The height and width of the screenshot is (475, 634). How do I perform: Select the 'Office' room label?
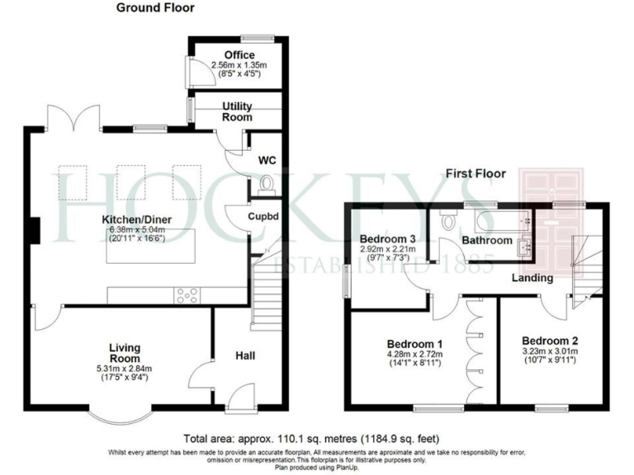point(239,55)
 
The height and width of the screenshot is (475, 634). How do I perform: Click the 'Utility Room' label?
point(238,112)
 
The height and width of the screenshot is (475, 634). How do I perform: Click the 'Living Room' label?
point(125,352)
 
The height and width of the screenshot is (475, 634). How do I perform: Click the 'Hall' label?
point(244,355)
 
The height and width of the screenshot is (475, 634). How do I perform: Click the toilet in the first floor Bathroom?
point(450,221)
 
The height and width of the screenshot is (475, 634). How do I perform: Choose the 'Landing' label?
point(532,278)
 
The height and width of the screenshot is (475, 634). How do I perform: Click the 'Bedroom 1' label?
point(416,343)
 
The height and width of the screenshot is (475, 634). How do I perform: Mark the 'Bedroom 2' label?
point(549,341)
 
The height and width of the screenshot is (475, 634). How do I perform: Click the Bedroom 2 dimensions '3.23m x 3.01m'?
point(549,351)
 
